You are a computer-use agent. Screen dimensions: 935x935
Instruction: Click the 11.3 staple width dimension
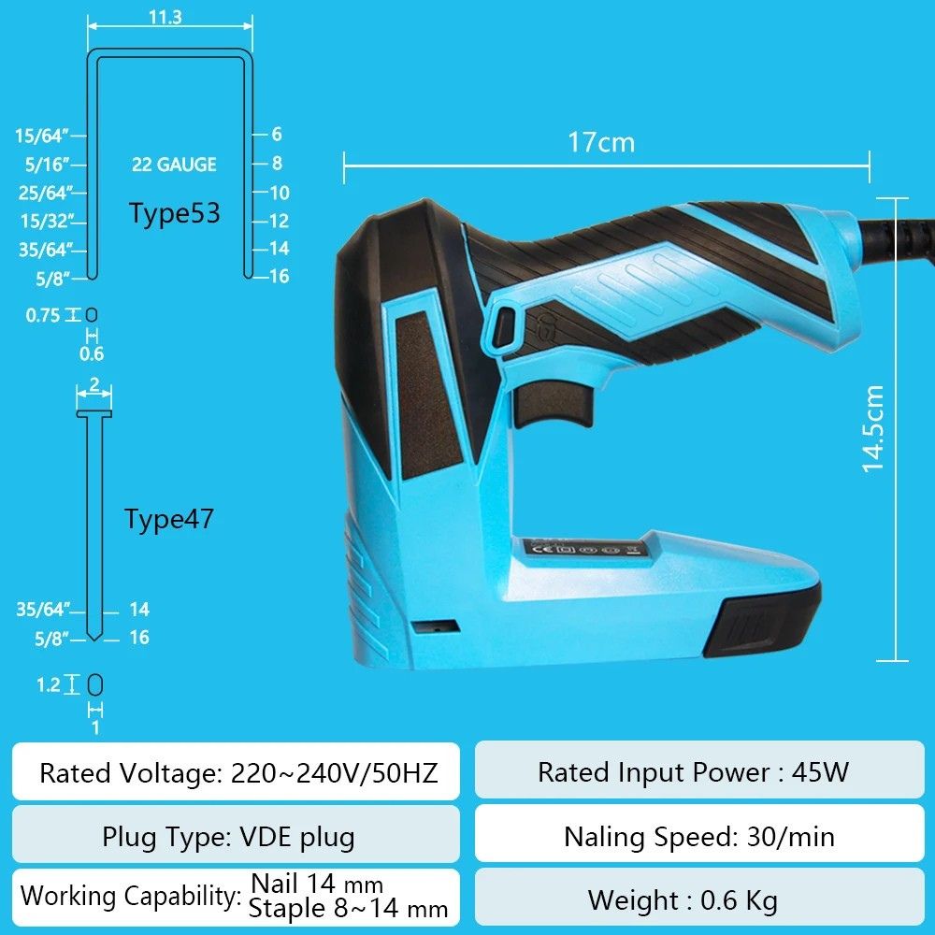(165, 17)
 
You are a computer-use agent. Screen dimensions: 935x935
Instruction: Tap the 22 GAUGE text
(174, 164)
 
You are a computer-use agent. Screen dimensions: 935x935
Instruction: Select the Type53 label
(175, 213)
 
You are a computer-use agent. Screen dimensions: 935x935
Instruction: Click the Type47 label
(168, 519)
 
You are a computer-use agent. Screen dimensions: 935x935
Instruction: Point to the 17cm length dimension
(601, 142)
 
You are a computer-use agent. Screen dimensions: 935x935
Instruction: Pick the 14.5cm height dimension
(872, 429)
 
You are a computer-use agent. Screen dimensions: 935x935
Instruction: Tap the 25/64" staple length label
(42, 193)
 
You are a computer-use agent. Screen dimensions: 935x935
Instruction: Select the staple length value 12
(279, 221)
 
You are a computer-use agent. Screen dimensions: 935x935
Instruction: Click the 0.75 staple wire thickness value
(43, 315)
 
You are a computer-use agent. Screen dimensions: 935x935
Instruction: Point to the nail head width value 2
(94, 384)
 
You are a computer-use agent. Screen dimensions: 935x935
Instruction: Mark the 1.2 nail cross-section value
(49, 684)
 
